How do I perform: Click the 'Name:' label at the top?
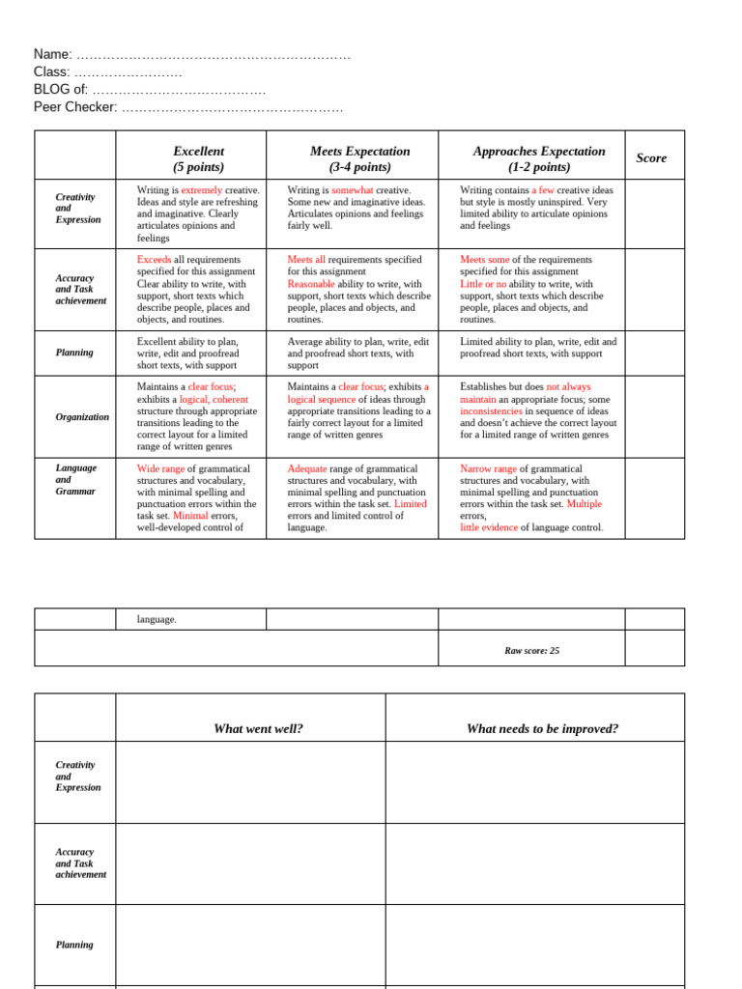tap(53, 54)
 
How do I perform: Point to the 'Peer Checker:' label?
tap(75, 106)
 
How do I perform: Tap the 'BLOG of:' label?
tap(61, 89)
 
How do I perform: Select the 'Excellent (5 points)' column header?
tap(198, 158)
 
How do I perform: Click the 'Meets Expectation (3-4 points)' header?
tap(359, 158)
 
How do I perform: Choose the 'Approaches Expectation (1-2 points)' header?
tap(539, 158)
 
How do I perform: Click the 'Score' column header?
tap(651, 157)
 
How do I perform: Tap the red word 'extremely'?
tap(201, 190)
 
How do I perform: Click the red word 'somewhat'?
tap(353, 190)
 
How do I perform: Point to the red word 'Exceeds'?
tap(154, 260)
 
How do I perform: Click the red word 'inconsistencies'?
tap(491, 410)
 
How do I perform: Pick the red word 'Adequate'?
tap(307, 468)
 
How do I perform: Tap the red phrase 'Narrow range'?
tap(488, 468)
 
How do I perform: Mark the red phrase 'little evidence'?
tap(489, 527)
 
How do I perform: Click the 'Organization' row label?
tap(82, 417)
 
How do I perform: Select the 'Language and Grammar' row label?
tap(76, 479)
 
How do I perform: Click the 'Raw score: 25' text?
tap(531, 650)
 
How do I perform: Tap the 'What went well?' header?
tap(258, 728)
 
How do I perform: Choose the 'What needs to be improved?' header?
tap(542, 728)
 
